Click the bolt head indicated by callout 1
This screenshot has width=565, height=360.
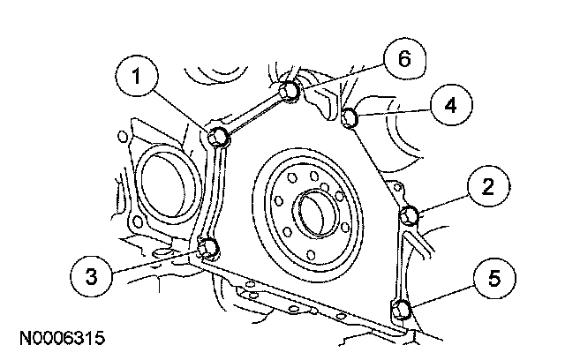pos(220,136)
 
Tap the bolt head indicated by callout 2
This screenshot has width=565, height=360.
pos(410,215)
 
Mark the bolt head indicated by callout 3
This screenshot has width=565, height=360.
pos(209,246)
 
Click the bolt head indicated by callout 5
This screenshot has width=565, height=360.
pos(400,309)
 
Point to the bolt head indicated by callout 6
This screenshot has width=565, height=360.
pos(289,90)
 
